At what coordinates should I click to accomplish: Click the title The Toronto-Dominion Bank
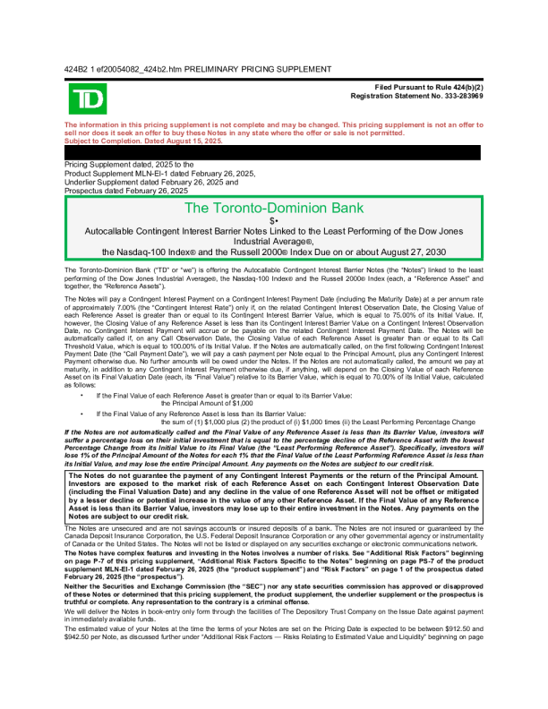point(273,209)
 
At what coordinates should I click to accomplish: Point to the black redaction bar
point(273,152)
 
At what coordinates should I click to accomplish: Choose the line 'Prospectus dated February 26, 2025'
point(126,191)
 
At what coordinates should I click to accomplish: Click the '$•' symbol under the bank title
point(273,220)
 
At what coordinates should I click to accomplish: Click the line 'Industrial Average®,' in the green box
point(273,241)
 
